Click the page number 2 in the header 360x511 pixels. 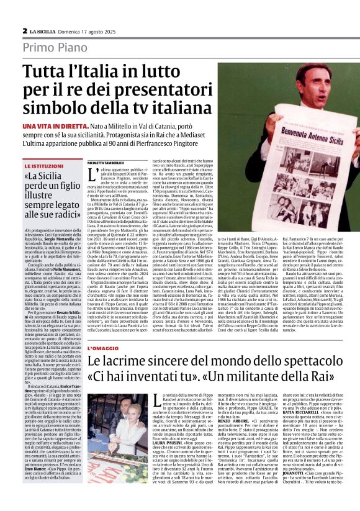pyautogui.click(x=24, y=30)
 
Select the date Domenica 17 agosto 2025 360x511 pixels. pyautogui.click(x=92, y=31)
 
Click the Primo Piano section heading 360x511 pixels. pyautogui.click(x=55, y=48)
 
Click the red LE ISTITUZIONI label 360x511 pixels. pyautogui.click(x=45, y=167)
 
